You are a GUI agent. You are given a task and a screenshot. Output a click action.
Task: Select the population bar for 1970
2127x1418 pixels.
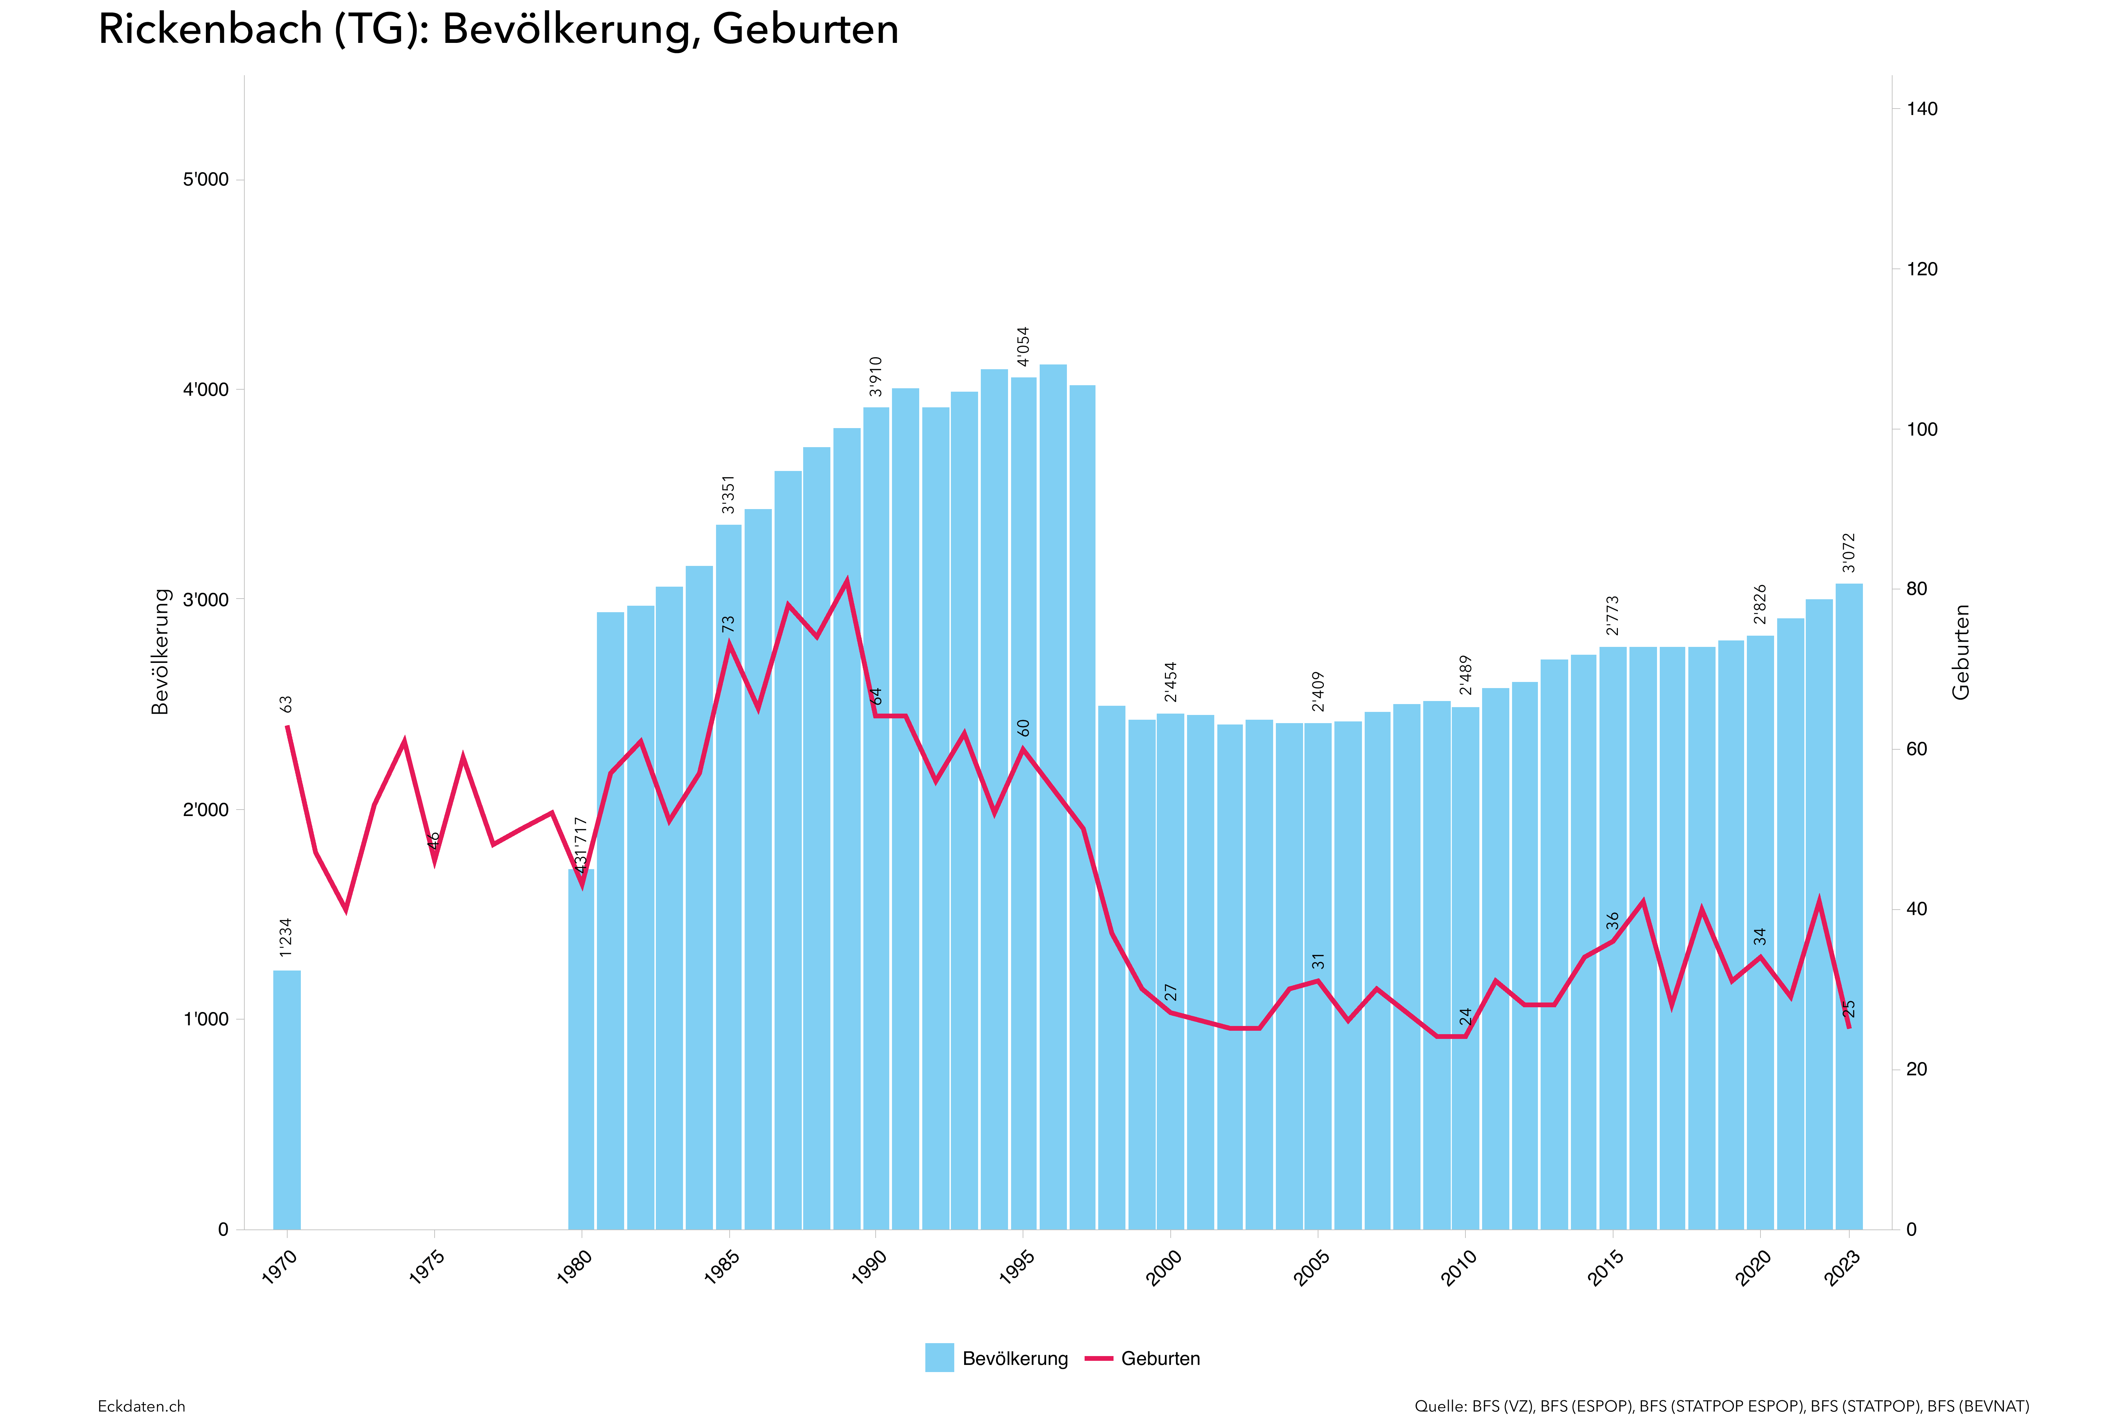pos(287,1099)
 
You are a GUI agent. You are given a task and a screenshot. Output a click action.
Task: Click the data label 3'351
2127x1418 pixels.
pos(728,494)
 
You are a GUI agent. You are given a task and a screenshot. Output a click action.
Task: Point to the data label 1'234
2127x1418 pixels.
pos(286,937)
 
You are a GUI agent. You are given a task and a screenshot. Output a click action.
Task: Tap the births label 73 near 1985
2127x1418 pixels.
pos(728,624)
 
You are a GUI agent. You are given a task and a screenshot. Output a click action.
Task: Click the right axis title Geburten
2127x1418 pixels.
pos(1961,651)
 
